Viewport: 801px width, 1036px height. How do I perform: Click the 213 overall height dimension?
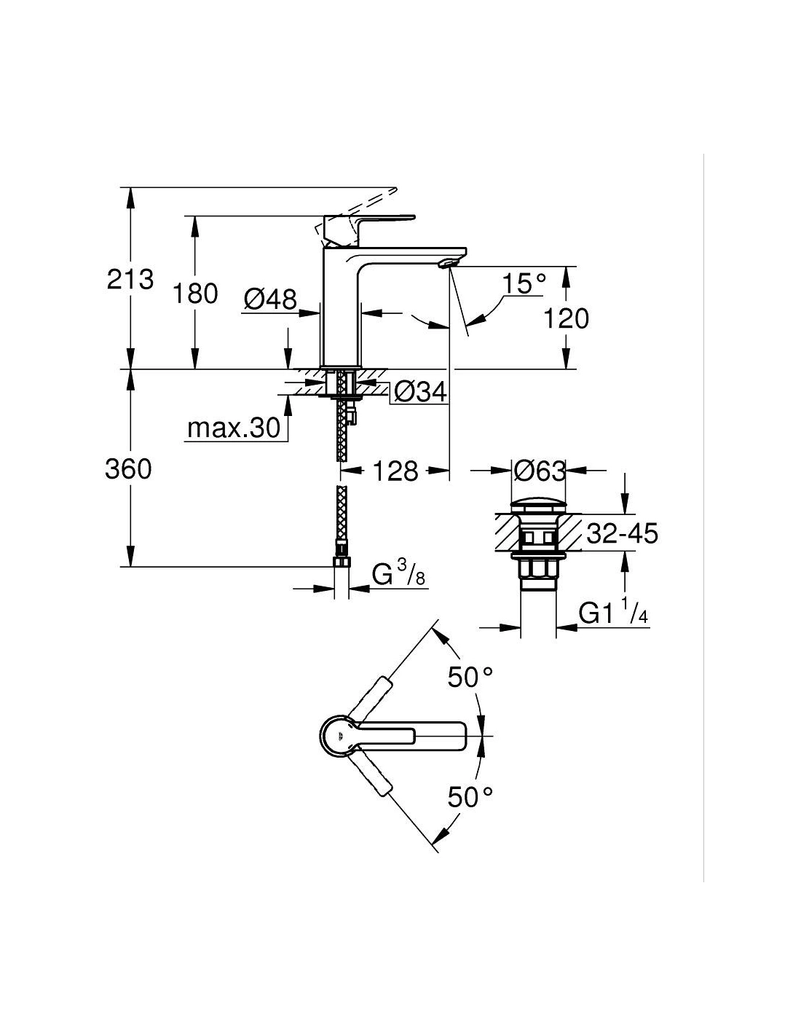130,279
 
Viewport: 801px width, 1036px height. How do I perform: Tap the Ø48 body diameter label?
270,300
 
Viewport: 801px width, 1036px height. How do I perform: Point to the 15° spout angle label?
524,284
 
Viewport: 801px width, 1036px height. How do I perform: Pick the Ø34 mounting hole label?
421,393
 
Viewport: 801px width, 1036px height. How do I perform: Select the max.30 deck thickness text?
234,428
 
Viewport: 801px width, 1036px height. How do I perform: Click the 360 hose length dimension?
128,469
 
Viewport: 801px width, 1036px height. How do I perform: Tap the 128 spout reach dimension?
395,471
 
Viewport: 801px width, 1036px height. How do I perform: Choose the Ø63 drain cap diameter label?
540,471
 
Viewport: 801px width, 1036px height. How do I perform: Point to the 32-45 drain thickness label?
622,533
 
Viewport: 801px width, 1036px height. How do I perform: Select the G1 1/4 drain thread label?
613,612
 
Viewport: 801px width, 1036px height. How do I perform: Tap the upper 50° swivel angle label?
470,677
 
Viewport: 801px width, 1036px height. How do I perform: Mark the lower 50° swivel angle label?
470,796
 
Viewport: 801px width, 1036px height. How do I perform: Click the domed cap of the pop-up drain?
539,506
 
